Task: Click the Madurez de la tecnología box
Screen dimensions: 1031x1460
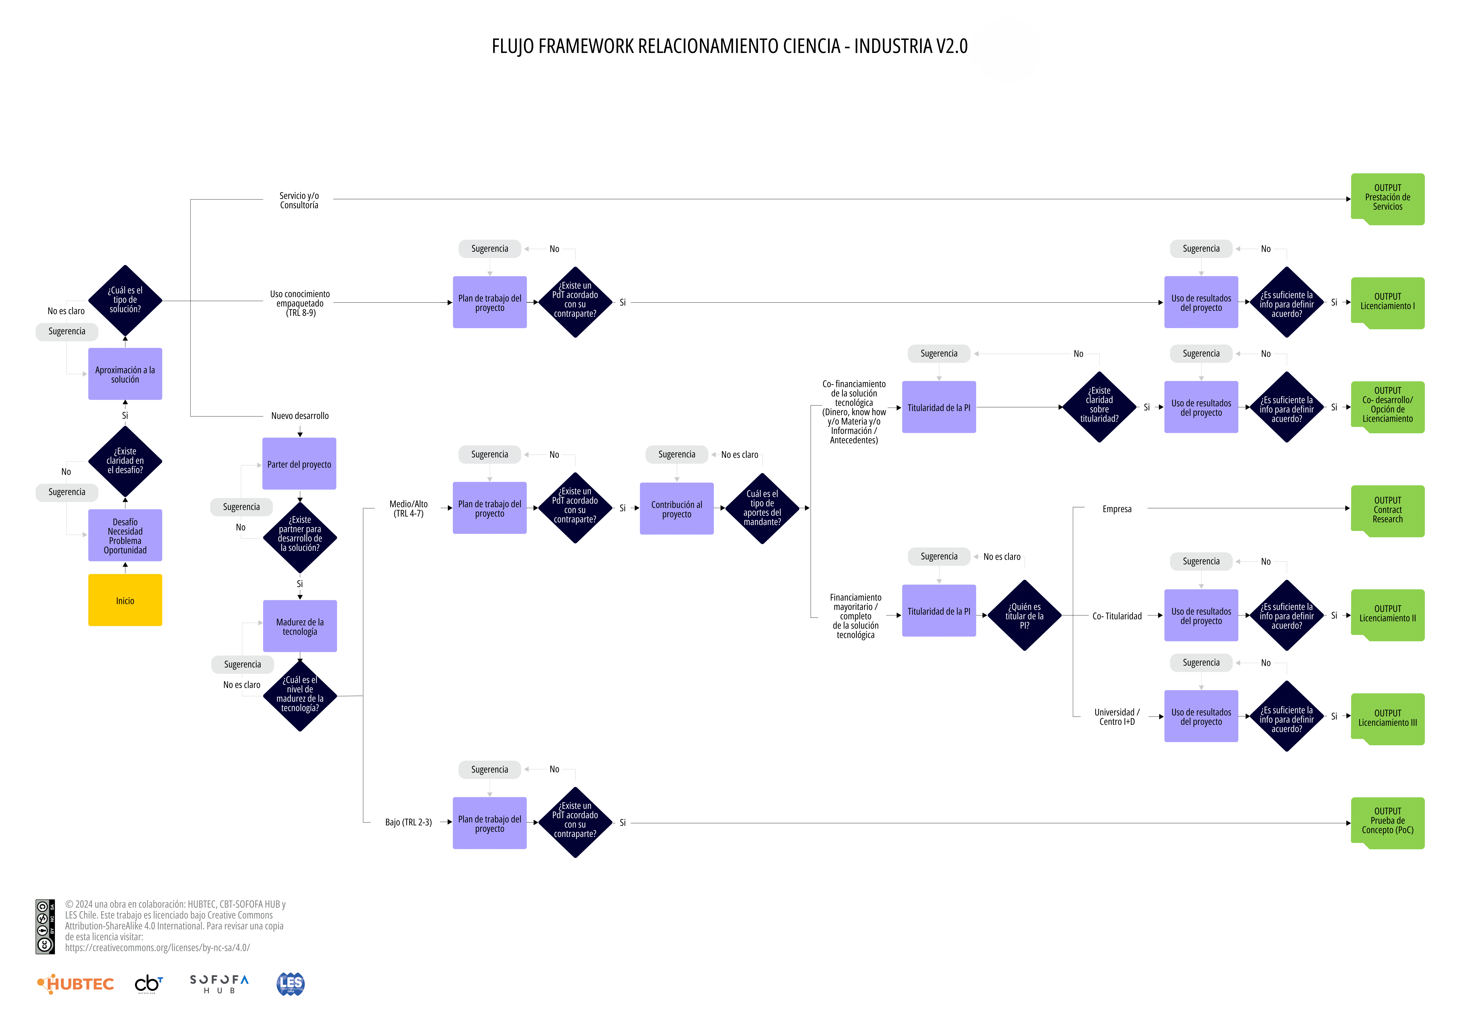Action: point(299,626)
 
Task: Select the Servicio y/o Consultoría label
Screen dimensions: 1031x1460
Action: point(299,200)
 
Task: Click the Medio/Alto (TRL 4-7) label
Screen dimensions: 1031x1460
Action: point(408,508)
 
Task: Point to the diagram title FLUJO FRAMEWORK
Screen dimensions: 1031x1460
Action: point(729,46)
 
